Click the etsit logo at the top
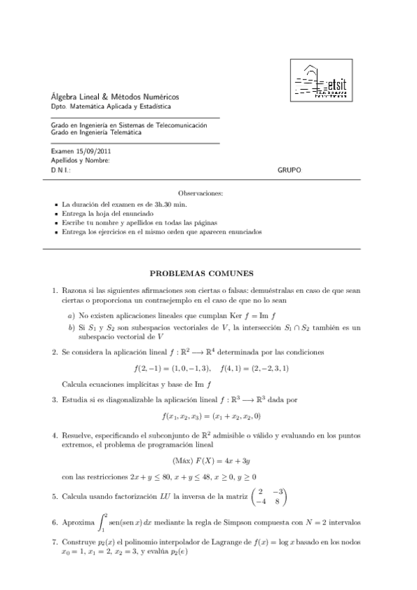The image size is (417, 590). tap(323, 82)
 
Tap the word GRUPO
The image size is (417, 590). tap(289, 170)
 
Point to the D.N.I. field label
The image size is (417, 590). tap(61, 170)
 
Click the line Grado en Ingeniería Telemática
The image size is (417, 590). tap(95, 134)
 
